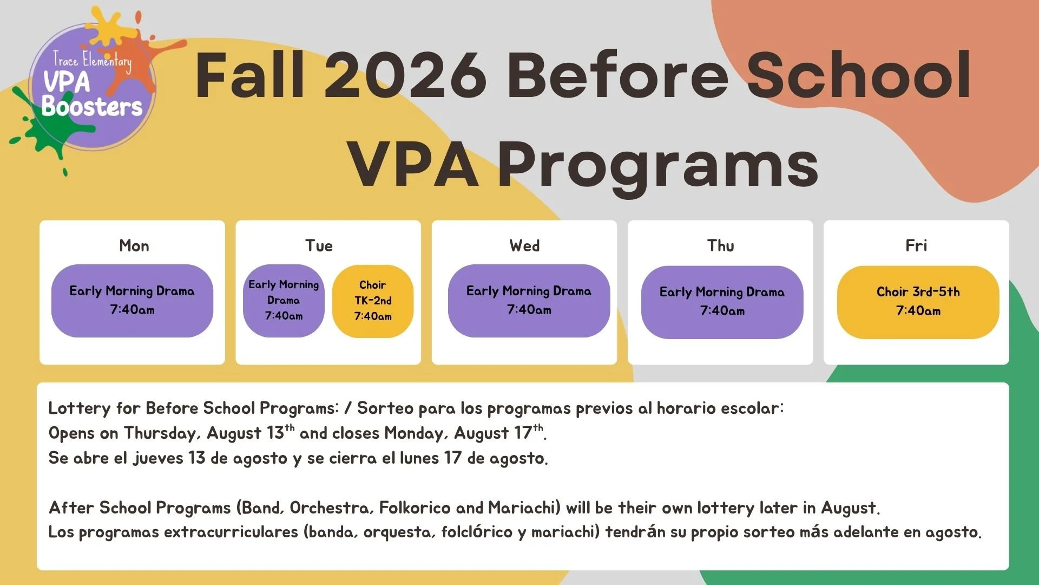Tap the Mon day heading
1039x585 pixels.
pos(134,246)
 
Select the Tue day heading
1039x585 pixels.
pos(319,246)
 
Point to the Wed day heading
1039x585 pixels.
pos(524,246)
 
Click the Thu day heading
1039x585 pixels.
pos(721,246)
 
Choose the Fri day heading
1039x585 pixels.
pos(916,246)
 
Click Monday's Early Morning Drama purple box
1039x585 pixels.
pos(132,301)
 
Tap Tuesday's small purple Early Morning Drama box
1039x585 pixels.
pos(284,301)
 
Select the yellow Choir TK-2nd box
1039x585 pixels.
pos(373,301)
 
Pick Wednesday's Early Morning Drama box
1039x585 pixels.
pos(529,301)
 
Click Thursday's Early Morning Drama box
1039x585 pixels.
pos(722,302)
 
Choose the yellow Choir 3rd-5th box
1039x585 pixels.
pos(918,302)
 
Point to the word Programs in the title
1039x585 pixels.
pos(658,164)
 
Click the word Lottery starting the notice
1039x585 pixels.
pos(79,408)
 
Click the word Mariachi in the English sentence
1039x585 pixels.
pos(524,508)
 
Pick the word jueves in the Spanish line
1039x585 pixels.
pos(158,458)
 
